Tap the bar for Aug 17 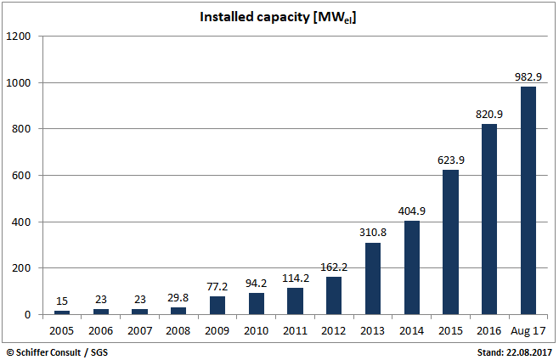coord(528,200)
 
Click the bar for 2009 coord(217,306)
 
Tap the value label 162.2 coord(334,267)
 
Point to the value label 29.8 coord(178,298)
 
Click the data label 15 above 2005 coord(62,301)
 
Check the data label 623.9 coord(450,160)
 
